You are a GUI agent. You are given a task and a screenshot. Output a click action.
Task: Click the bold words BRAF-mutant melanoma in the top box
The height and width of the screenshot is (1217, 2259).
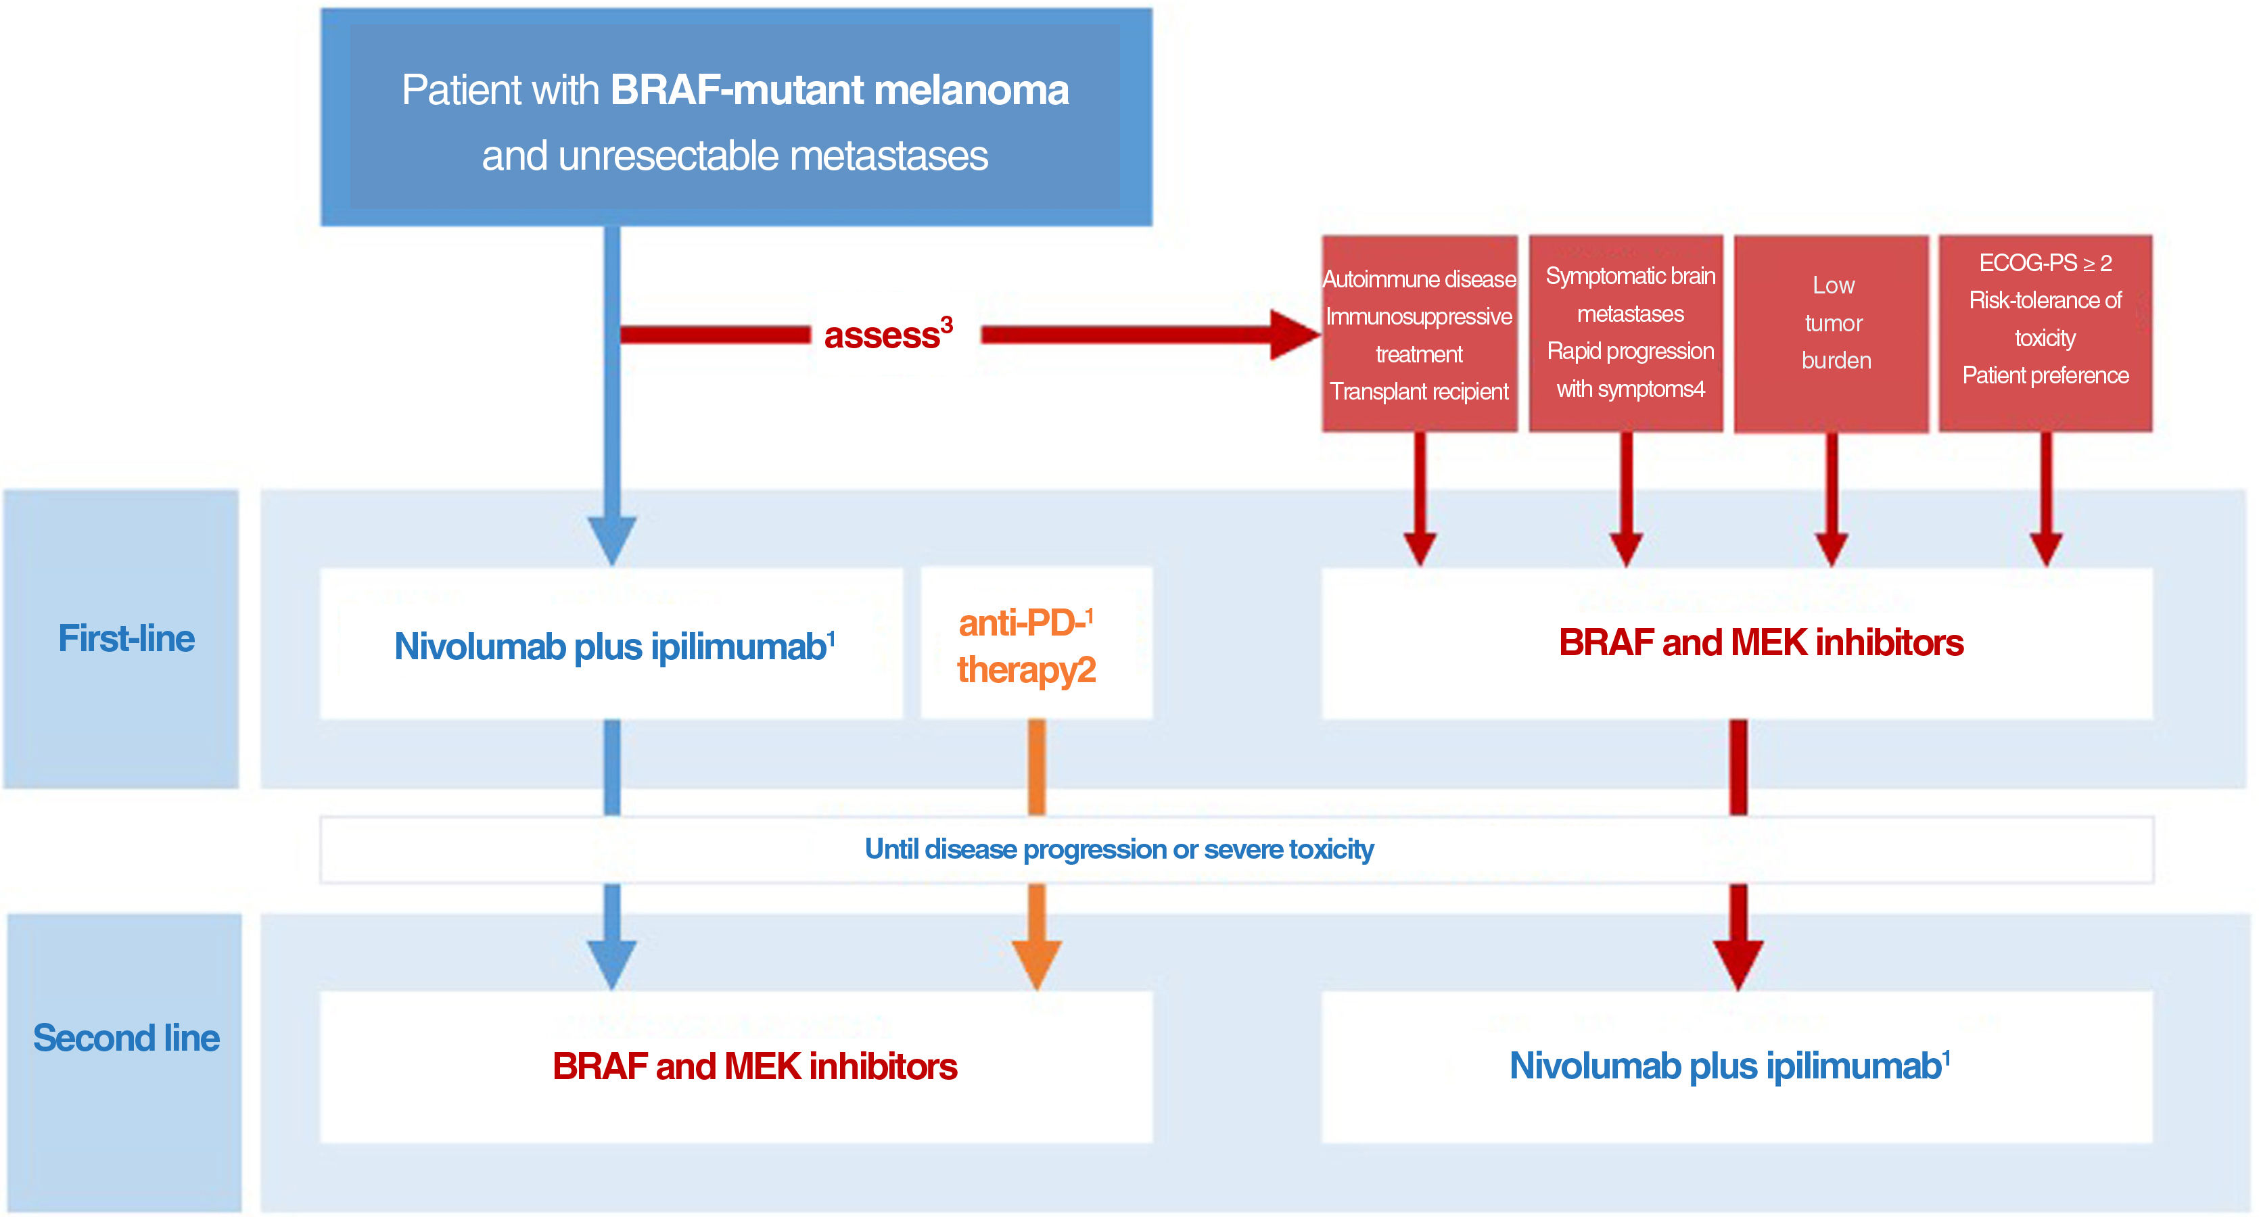click(x=839, y=91)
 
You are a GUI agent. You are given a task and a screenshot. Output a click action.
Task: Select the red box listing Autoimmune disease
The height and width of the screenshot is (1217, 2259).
click(x=1419, y=333)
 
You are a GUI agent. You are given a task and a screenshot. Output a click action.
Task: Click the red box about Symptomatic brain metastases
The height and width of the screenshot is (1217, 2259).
click(x=1626, y=333)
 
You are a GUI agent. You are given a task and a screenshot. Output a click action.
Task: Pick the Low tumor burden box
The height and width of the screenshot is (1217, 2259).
click(x=1832, y=333)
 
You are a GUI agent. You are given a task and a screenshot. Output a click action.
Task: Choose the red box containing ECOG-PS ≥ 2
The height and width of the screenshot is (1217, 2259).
click(x=2045, y=333)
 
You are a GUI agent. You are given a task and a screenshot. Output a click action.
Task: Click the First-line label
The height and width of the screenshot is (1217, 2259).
click(x=126, y=638)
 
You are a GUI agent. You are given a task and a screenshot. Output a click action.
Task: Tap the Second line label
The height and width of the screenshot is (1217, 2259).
click(x=126, y=1038)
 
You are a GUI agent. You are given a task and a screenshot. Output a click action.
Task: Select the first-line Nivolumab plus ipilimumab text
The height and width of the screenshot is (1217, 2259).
click(x=612, y=647)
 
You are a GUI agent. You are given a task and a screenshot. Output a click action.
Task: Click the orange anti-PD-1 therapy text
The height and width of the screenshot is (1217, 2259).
click(x=1026, y=647)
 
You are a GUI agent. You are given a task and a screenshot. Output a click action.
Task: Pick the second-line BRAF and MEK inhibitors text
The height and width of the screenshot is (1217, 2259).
click(x=754, y=1067)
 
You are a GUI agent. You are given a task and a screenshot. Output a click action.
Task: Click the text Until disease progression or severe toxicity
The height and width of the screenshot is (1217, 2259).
click(x=1119, y=849)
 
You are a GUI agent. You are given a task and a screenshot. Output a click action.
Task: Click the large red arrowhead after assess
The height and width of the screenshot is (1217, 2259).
click(x=1293, y=335)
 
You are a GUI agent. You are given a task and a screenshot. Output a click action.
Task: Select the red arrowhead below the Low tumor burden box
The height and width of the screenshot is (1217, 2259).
click(x=1832, y=548)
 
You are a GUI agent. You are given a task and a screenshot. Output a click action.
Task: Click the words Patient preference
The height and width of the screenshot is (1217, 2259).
click(x=2045, y=375)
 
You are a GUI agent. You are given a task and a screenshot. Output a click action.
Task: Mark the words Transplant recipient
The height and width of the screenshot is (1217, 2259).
click(x=1419, y=391)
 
